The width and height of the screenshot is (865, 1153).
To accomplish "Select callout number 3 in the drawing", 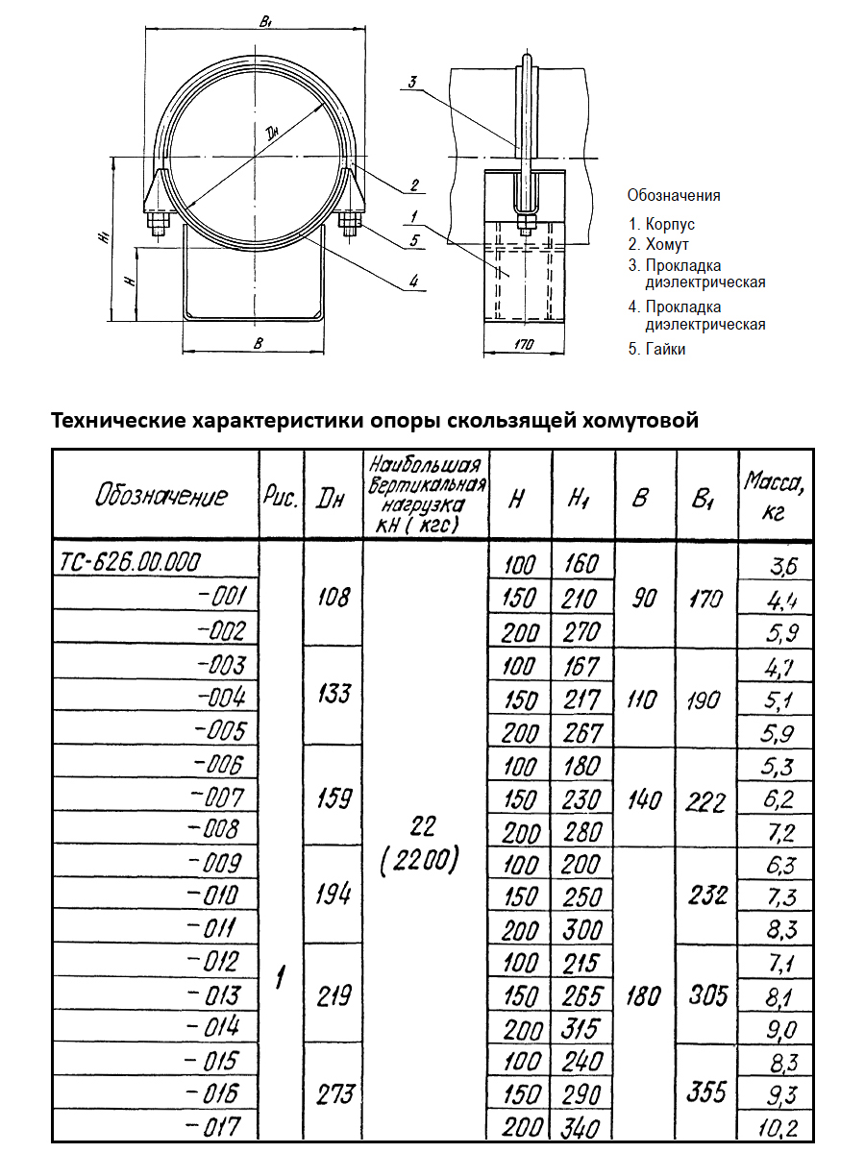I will click(411, 83).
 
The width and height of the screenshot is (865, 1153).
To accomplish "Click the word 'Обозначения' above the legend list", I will click(674, 195).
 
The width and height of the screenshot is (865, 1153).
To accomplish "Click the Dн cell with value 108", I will click(334, 597).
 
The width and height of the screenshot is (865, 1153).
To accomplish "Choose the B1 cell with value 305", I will click(708, 994).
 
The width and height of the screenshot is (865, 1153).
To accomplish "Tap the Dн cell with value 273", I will click(334, 1093).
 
